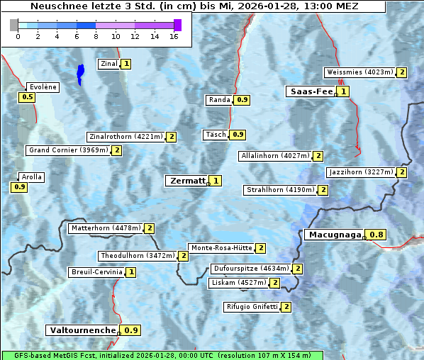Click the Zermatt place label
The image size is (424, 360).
(x=186, y=181)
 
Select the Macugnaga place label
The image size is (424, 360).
(x=334, y=235)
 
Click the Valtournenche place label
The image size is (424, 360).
(x=82, y=330)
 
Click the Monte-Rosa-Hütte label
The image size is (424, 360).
(x=221, y=248)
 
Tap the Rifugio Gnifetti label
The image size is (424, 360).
(x=252, y=307)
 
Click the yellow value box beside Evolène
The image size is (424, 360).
(x=28, y=97)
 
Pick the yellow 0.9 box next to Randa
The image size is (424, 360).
(x=242, y=100)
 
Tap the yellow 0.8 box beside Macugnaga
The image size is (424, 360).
(x=376, y=235)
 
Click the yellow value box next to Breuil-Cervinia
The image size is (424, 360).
(x=131, y=272)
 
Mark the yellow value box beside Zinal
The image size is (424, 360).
(x=126, y=64)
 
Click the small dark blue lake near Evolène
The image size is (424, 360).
(x=80, y=73)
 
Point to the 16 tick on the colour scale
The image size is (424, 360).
(x=174, y=36)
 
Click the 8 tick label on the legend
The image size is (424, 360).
(x=96, y=36)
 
